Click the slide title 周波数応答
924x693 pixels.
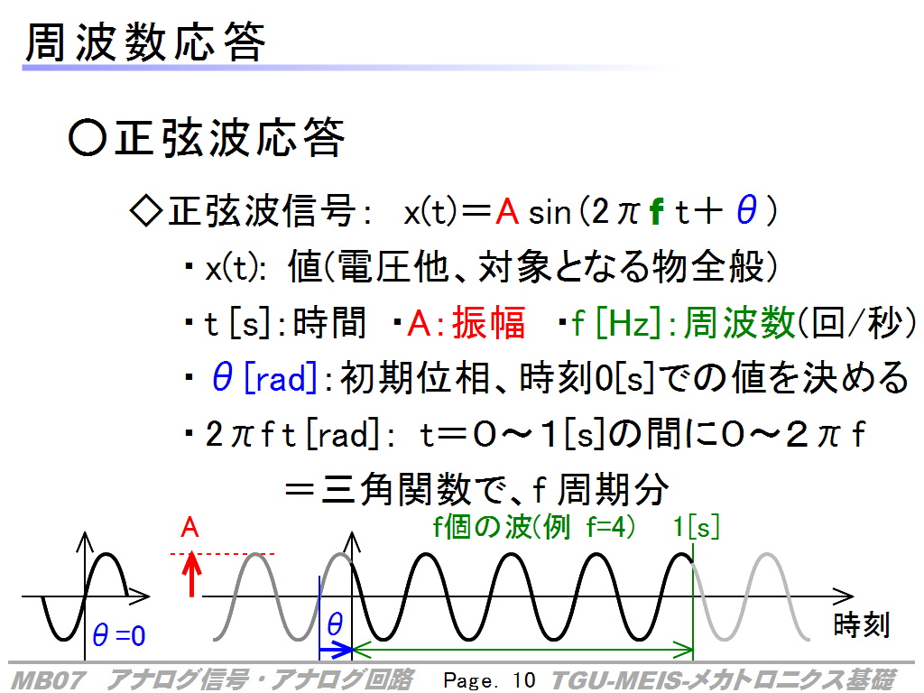(145, 42)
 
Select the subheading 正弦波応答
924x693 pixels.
(229, 137)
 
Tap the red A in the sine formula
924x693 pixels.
(507, 211)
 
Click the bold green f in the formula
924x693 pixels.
(657, 211)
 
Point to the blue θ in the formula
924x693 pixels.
(746, 210)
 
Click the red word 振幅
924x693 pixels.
(488, 322)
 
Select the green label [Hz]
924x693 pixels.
(628, 323)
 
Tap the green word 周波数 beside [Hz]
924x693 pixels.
(739, 322)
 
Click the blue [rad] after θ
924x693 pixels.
(281, 378)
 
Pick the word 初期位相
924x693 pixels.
(415, 378)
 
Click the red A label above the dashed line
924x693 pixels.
(189, 527)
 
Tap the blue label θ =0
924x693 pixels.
(119, 636)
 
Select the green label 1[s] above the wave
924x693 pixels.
(697, 527)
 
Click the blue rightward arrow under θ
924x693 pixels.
(336, 651)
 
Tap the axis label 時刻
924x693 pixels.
(861, 624)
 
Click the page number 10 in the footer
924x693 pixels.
(523, 680)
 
